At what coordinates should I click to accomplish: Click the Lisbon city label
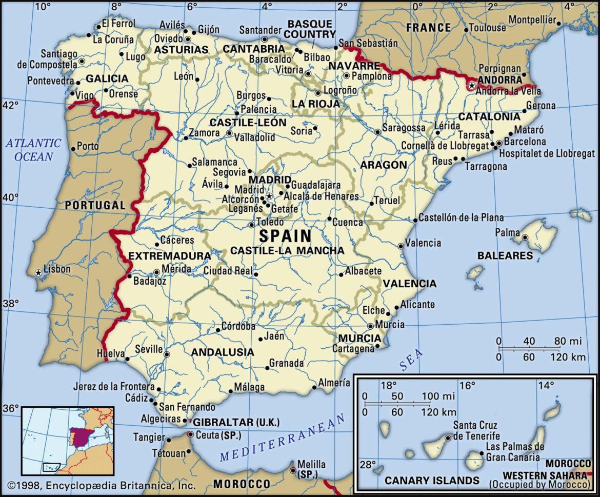point(57,269)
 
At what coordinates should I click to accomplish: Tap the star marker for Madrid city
point(269,196)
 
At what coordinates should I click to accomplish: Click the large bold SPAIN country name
point(285,236)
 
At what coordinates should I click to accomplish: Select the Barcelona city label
point(525,141)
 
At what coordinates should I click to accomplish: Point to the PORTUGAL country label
point(95,205)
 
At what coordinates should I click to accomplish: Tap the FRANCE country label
point(428,27)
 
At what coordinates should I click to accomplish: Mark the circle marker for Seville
point(166,354)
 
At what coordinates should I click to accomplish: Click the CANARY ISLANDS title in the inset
point(432,481)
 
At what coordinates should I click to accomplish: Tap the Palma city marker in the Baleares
point(525,237)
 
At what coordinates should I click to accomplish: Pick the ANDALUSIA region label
point(222,352)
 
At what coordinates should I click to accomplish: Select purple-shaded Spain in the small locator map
point(80,438)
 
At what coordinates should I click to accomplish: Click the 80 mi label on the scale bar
point(568,341)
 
